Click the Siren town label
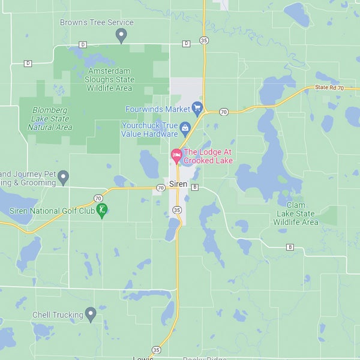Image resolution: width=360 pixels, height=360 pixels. pos(178,184)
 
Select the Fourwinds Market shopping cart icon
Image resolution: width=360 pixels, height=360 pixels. pos(197,109)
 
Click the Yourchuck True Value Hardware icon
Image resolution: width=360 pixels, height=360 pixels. pos(185,127)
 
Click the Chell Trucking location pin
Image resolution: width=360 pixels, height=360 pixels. pos(91,313)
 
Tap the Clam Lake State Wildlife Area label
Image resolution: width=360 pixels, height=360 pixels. pos(296,214)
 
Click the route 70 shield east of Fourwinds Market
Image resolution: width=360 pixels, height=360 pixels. pos(224,112)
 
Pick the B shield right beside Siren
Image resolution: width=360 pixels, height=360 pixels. pos(194,187)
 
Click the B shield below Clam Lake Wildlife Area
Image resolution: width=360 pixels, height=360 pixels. pos(290,247)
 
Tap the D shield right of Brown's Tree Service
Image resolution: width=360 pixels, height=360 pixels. pos(186,43)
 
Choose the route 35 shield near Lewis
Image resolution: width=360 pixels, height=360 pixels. pos(156,349)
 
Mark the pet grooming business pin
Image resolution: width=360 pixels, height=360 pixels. pos(63,176)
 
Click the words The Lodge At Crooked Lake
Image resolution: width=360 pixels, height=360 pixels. pos(208,156)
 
